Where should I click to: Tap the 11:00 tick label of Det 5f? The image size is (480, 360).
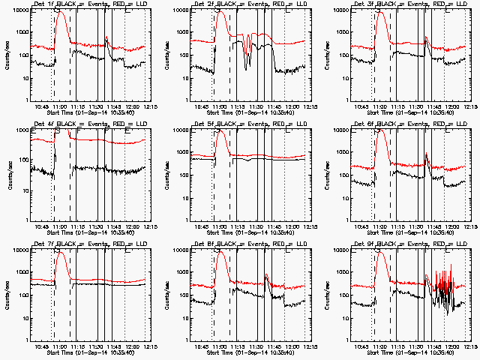tap(219, 226)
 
